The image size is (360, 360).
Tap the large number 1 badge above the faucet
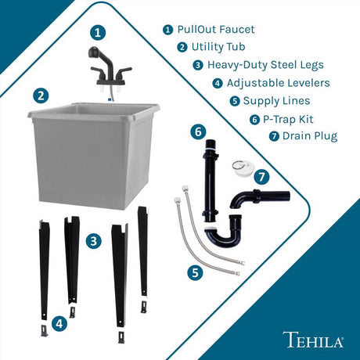(x=96, y=32)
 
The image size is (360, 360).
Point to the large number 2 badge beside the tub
(x=40, y=96)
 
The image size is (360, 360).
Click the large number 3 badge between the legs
(x=93, y=241)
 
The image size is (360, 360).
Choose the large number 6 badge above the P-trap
(x=198, y=131)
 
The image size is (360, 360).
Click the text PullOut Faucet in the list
(x=216, y=30)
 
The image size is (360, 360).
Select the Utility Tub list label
(x=223, y=47)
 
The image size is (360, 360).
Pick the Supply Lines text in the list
(x=275, y=101)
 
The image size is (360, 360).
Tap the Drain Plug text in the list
(x=311, y=136)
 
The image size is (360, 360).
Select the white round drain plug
(x=239, y=167)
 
